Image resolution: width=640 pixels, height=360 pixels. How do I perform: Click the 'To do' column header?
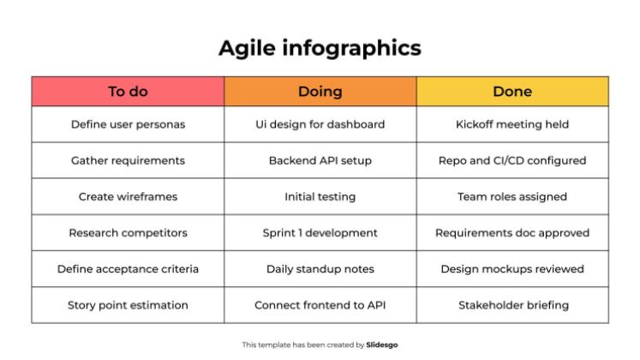click(128, 92)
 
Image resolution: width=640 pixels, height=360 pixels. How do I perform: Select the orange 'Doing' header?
click(320, 92)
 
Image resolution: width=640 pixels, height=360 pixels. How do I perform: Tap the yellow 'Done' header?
click(512, 92)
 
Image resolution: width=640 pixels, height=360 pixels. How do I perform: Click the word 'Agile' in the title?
click(248, 49)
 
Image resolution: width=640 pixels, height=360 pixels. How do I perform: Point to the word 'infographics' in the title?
click(352, 49)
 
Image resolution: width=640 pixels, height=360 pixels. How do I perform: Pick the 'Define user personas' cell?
click(128, 124)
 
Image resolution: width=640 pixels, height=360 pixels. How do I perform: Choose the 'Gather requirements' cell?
click(128, 160)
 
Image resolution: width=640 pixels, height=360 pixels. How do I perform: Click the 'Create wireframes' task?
click(128, 197)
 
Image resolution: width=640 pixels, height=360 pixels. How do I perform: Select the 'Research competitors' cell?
click(128, 232)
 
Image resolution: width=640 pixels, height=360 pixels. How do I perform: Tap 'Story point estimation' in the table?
click(128, 305)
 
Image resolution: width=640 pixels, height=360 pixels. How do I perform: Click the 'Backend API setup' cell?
click(320, 160)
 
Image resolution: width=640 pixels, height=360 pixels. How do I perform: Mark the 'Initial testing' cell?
click(320, 197)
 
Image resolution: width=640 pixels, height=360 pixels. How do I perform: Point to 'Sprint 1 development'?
click(320, 232)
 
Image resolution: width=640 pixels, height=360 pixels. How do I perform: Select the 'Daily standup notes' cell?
click(320, 269)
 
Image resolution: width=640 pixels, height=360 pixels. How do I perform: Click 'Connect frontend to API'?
click(320, 305)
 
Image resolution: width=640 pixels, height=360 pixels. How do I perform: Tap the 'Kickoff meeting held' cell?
click(512, 124)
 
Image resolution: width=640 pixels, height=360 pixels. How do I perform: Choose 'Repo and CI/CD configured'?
click(512, 160)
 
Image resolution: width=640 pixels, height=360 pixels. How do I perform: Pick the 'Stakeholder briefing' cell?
click(512, 305)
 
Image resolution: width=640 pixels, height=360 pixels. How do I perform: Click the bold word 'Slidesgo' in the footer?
click(381, 345)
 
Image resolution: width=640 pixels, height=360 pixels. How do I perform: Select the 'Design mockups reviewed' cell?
click(512, 269)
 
